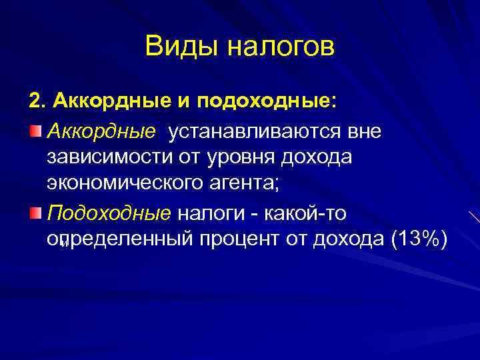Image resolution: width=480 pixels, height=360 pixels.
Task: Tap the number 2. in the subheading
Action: click(37, 102)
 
